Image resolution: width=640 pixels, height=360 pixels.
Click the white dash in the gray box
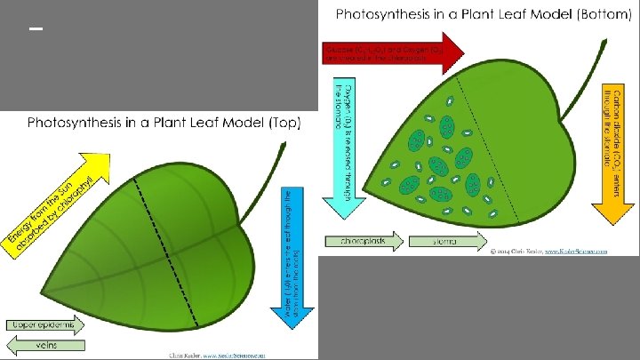[36, 29]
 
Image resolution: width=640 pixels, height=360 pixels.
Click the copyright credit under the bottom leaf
[541, 252]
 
